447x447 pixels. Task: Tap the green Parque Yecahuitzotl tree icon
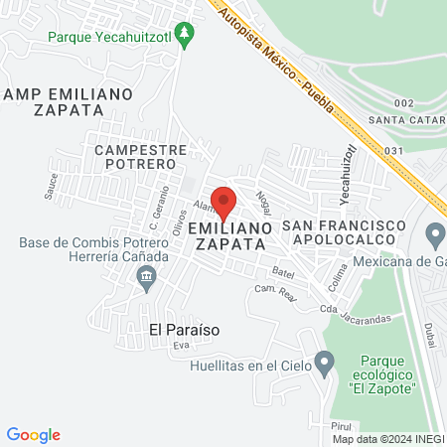(x=184, y=35)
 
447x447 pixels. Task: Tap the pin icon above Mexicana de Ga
(x=434, y=236)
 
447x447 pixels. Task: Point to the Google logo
(x=34, y=434)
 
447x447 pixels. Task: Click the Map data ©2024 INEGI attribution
(x=387, y=439)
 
